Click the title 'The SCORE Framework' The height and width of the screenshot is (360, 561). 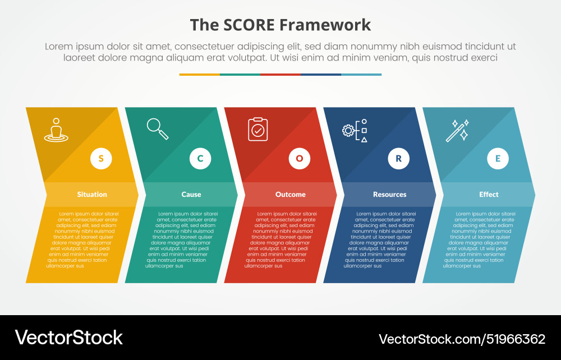click(280, 25)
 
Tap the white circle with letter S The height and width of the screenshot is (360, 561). click(101, 158)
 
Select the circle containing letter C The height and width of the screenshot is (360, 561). click(200, 158)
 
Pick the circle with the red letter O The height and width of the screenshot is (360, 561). click(300, 158)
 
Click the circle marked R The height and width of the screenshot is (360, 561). click(399, 158)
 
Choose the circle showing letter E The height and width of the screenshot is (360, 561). click(498, 158)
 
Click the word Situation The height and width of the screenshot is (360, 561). click(92, 195)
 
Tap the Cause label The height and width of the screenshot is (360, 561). click(191, 195)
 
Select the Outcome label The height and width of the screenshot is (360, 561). click(291, 195)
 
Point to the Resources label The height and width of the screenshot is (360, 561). click(390, 195)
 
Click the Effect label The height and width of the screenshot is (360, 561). click(489, 195)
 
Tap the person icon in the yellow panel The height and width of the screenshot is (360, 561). click(56, 130)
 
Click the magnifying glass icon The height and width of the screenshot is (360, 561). click(158, 129)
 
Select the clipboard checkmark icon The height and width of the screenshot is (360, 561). click(257, 129)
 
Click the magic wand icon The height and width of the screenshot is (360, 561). click(457, 130)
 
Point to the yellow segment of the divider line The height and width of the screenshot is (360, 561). click(200, 74)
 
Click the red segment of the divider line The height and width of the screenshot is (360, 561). click(280, 74)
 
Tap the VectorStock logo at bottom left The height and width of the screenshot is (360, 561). click(69, 338)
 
